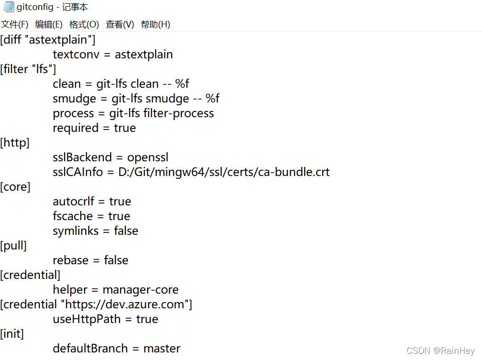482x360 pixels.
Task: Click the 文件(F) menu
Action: click(x=15, y=25)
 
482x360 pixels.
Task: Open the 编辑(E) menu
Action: click(x=49, y=25)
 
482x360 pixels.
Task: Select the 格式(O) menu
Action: click(x=84, y=25)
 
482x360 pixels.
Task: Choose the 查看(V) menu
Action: click(x=120, y=25)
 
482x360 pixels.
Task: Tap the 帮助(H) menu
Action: click(x=156, y=25)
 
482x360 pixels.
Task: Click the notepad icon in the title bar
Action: click(x=9, y=7)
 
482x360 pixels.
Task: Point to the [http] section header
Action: click(x=15, y=143)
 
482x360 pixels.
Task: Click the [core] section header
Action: click(x=16, y=187)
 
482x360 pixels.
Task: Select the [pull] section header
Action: click(x=14, y=246)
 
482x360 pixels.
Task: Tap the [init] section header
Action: click(x=12, y=334)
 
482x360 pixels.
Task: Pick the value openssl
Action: click(x=148, y=157)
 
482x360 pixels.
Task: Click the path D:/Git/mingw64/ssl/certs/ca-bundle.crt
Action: click(x=224, y=172)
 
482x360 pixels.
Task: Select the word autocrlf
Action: click(x=74, y=202)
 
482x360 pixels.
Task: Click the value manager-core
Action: click(x=140, y=290)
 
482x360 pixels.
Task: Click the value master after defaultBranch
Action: click(x=162, y=349)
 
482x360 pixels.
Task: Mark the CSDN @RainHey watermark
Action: click(x=440, y=351)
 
